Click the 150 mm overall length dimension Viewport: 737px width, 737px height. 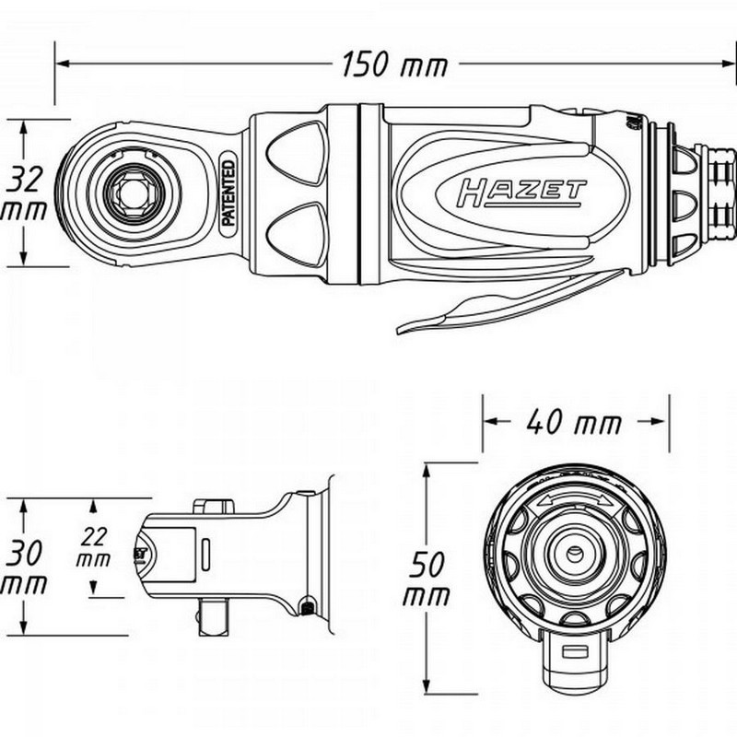coord(394,65)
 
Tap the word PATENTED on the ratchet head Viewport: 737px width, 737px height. coord(228,193)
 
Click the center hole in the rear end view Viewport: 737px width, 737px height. coord(573,553)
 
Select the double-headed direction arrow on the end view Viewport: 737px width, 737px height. coord(573,496)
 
